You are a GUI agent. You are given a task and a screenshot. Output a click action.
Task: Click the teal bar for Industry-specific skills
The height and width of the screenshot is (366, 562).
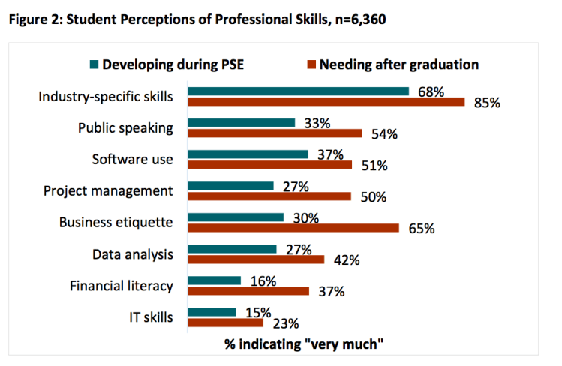click(x=298, y=91)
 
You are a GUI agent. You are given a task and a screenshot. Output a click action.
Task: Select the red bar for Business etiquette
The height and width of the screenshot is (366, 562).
click(x=293, y=228)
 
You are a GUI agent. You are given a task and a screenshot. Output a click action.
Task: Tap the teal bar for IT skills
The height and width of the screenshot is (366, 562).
click(x=212, y=312)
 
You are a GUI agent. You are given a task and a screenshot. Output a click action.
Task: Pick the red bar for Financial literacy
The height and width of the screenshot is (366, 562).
click(x=248, y=291)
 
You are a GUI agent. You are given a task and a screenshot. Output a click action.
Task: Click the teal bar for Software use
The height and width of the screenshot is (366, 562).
click(x=248, y=154)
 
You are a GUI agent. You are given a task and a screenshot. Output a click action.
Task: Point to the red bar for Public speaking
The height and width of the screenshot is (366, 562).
click(x=275, y=133)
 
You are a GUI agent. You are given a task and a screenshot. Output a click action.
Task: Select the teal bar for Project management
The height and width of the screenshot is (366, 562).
click(x=230, y=186)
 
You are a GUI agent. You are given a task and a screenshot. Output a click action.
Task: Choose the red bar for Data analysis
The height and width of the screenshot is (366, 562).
click(x=255, y=259)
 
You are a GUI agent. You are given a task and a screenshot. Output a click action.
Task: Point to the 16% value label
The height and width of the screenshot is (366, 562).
click(x=263, y=281)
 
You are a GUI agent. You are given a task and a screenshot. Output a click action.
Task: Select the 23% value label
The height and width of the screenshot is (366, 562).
click(x=286, y=324)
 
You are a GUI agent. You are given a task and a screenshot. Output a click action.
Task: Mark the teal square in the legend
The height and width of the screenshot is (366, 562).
click(x=94, y=64)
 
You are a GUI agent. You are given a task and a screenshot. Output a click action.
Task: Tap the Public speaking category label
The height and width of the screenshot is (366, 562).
click(x=125, y=127)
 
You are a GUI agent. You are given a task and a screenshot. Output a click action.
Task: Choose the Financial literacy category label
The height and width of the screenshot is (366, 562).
click(x=121, y=286)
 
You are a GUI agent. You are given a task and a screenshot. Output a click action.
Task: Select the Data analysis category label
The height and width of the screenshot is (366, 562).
click(x=133, y=254)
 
